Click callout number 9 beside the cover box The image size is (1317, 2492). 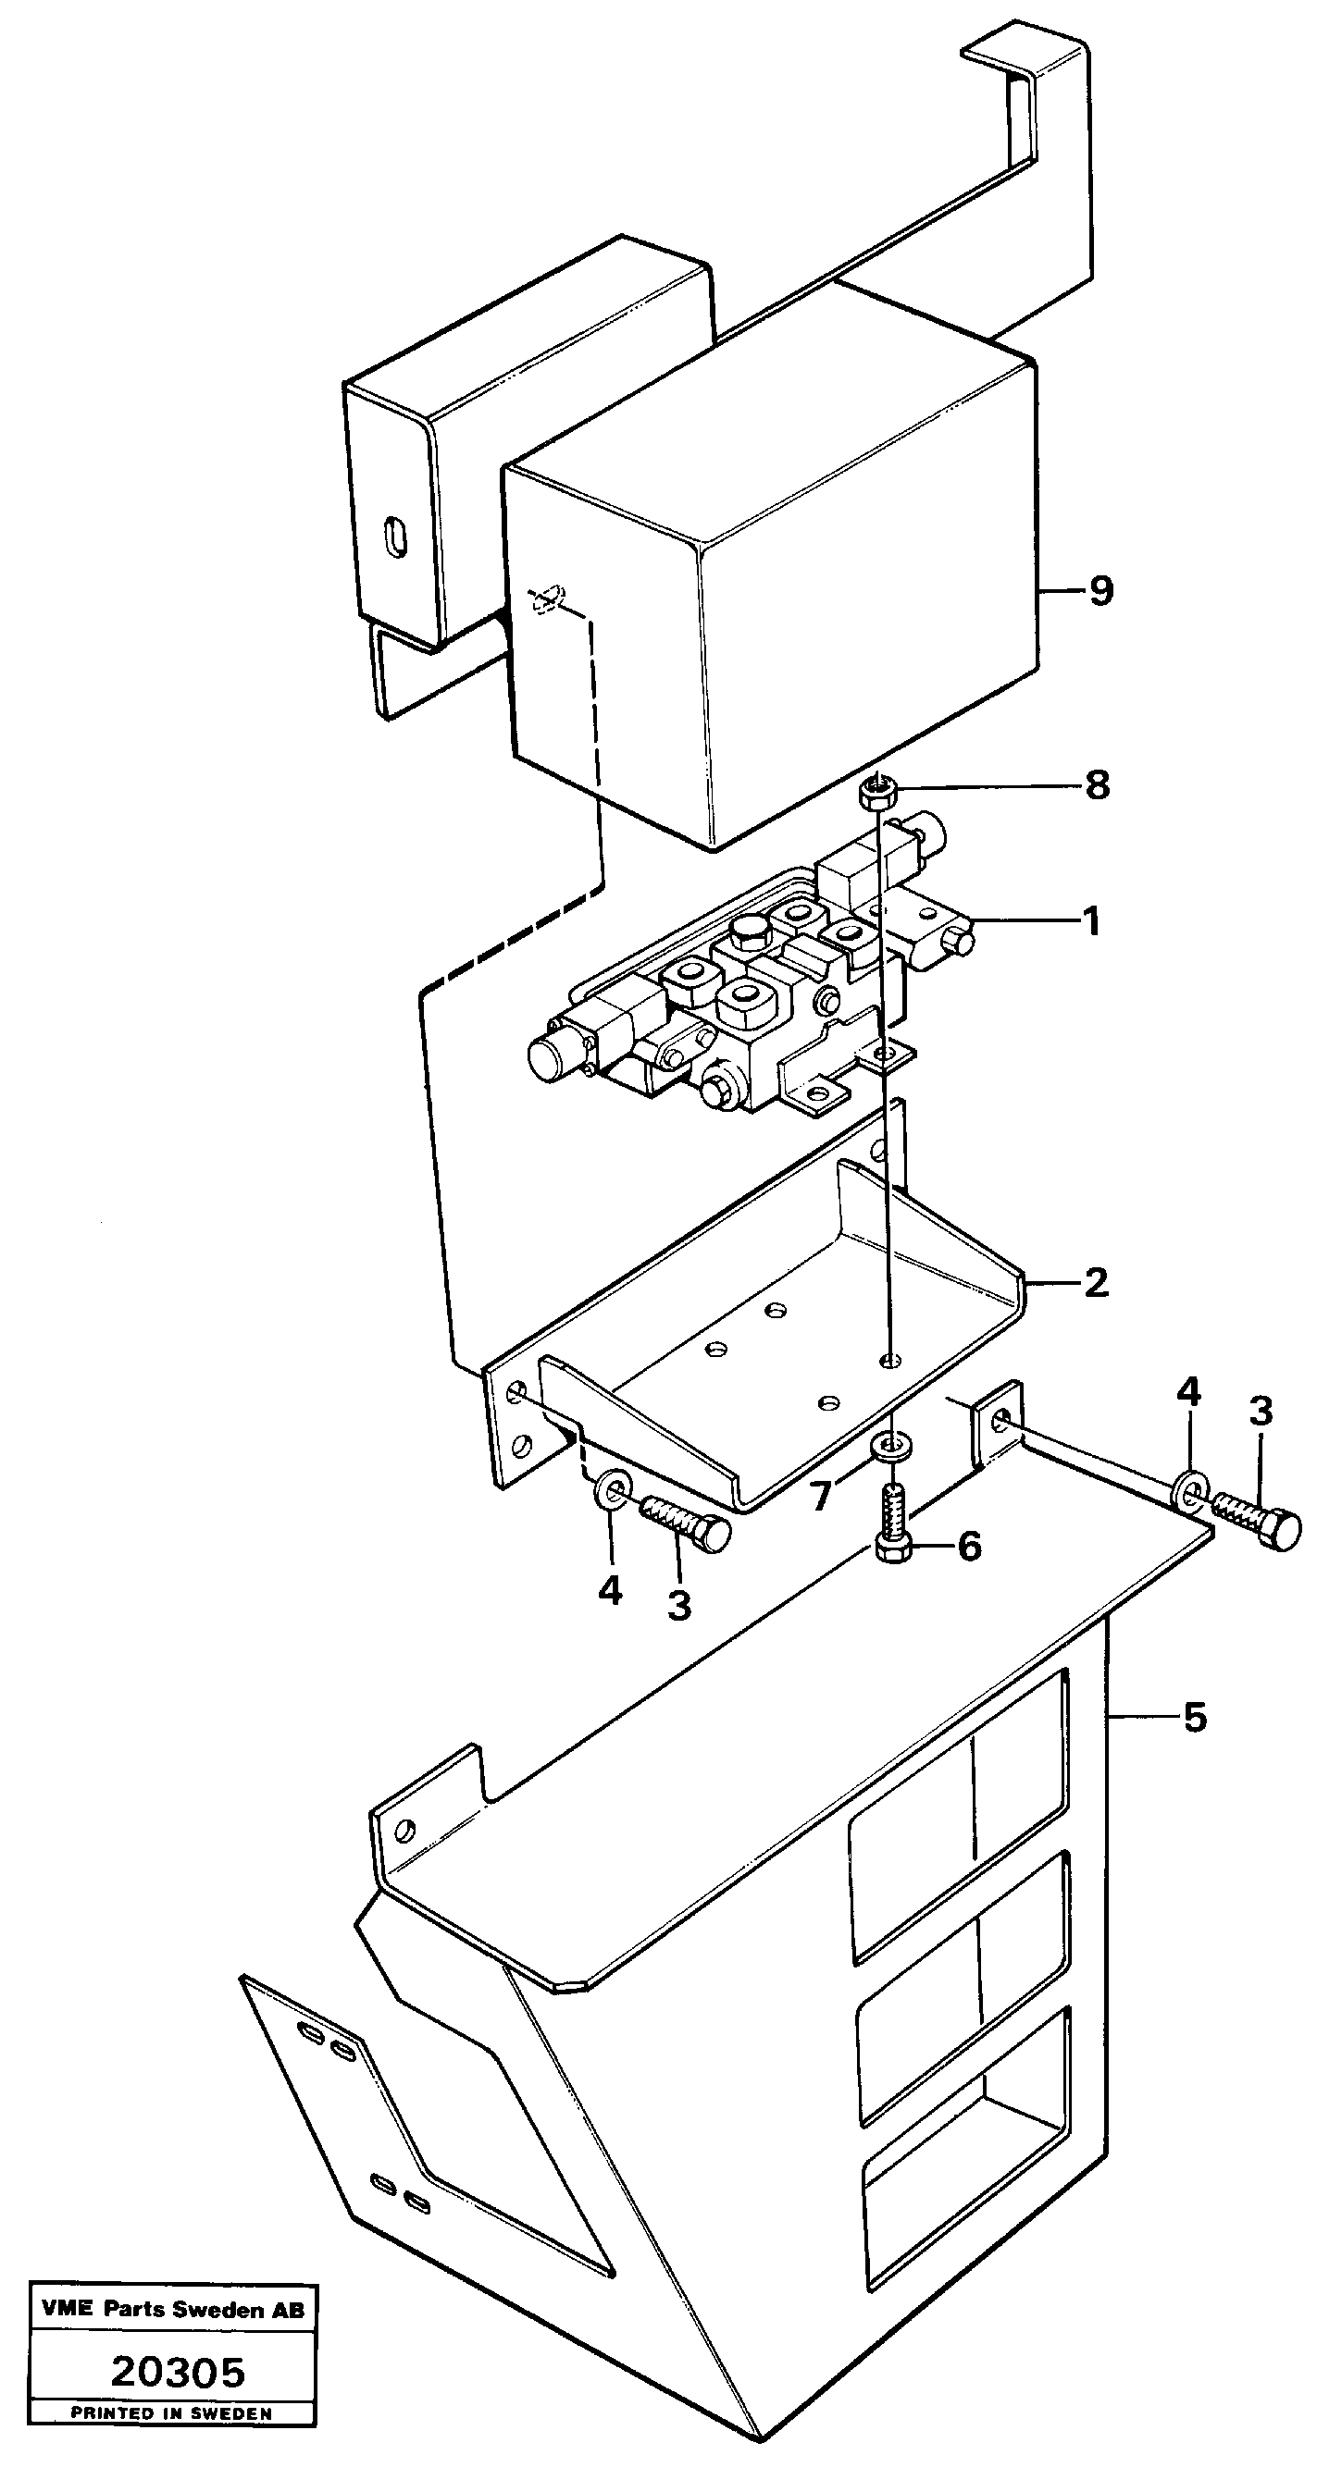click(x=1100, y=591)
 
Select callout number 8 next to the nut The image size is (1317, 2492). click(x=1097, y=785)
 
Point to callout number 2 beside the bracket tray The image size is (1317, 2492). click(x=1096, y=1284)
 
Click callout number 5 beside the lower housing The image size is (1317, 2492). click(x=1195, y=1718)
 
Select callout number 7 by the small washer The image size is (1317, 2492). click(x=822, y=1497)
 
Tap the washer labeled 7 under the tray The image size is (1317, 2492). click(x=888, y=1446)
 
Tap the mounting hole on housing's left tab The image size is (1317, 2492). click(x=406, y=1831)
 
